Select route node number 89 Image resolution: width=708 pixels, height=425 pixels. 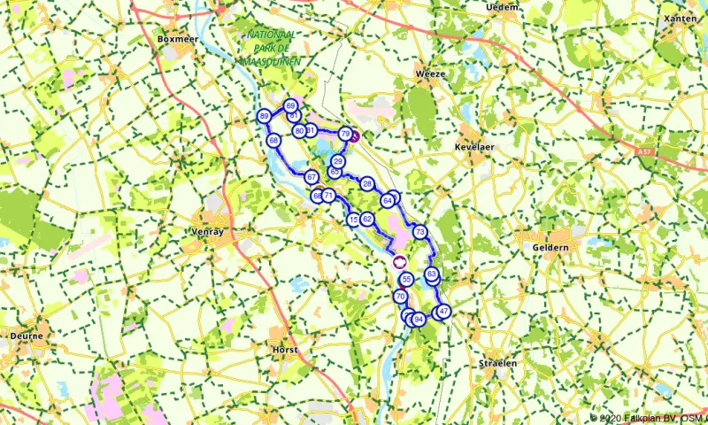point(264,117)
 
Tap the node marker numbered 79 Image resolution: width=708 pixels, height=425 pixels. point(344,133)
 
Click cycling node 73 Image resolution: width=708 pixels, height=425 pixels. point(419,232)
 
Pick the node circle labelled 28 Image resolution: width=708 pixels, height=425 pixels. point(366,183)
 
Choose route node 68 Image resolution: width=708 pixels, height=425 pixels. point(273,141)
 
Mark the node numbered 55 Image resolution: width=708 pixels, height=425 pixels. point(406,280)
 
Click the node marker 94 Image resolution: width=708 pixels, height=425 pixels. point(419,319)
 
